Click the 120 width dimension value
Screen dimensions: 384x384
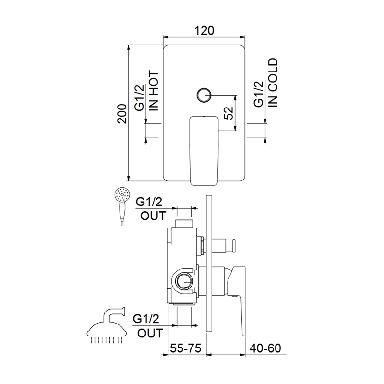click(204, 31)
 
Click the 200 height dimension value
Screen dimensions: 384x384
click(122, 114)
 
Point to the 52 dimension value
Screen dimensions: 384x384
click(229, 113)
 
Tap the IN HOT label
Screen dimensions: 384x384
click(154, 91)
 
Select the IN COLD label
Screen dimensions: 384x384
click(273, 83)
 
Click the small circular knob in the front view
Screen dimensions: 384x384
click(204, 95)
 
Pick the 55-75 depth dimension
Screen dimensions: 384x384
click(186, 348)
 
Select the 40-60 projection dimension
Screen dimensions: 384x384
click(265, 348)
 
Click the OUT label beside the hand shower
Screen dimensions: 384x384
click(153, 216)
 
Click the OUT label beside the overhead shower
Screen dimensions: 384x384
click(150, 333)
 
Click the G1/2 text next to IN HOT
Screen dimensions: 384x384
click(140, 98)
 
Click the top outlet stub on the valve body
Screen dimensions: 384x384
click(184, 224)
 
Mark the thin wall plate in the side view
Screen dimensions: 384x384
click(209, 264)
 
